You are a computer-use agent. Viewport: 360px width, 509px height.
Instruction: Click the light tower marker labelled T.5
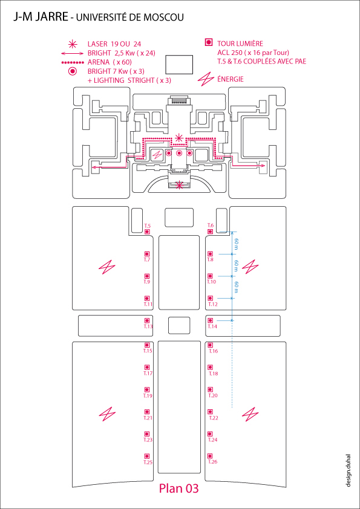tap(147, 232)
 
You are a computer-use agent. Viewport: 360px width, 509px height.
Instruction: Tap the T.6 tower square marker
tap(210, 232)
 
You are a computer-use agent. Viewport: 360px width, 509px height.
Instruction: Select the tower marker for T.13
tap(147, 320)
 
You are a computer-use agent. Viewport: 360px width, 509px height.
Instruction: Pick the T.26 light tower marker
tap(210, 456)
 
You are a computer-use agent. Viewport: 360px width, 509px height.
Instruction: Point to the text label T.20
tap(213, 395)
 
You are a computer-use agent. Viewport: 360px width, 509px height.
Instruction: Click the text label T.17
tap(148, 374)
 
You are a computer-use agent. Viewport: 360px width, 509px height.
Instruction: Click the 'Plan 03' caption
tap(178, 488)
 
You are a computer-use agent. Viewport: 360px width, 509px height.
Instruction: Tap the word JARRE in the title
tap(50, 17)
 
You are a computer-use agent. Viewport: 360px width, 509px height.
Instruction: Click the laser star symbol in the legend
tap(73, 44)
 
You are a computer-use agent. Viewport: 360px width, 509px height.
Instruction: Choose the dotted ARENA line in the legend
tap(73, 62)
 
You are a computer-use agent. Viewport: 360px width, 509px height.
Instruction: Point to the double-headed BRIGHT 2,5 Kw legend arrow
tap(73, 53)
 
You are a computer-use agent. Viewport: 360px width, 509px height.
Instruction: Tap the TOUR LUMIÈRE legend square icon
tap(209, 42)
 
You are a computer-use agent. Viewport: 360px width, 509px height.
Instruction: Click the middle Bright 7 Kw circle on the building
tap(179, 153)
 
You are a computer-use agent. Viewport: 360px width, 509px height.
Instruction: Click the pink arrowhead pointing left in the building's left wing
tap(94, 167)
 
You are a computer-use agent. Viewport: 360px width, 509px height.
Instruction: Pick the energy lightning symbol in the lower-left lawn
tap(107, 415)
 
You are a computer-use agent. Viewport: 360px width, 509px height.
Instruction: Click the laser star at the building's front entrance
tap(179, 186)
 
